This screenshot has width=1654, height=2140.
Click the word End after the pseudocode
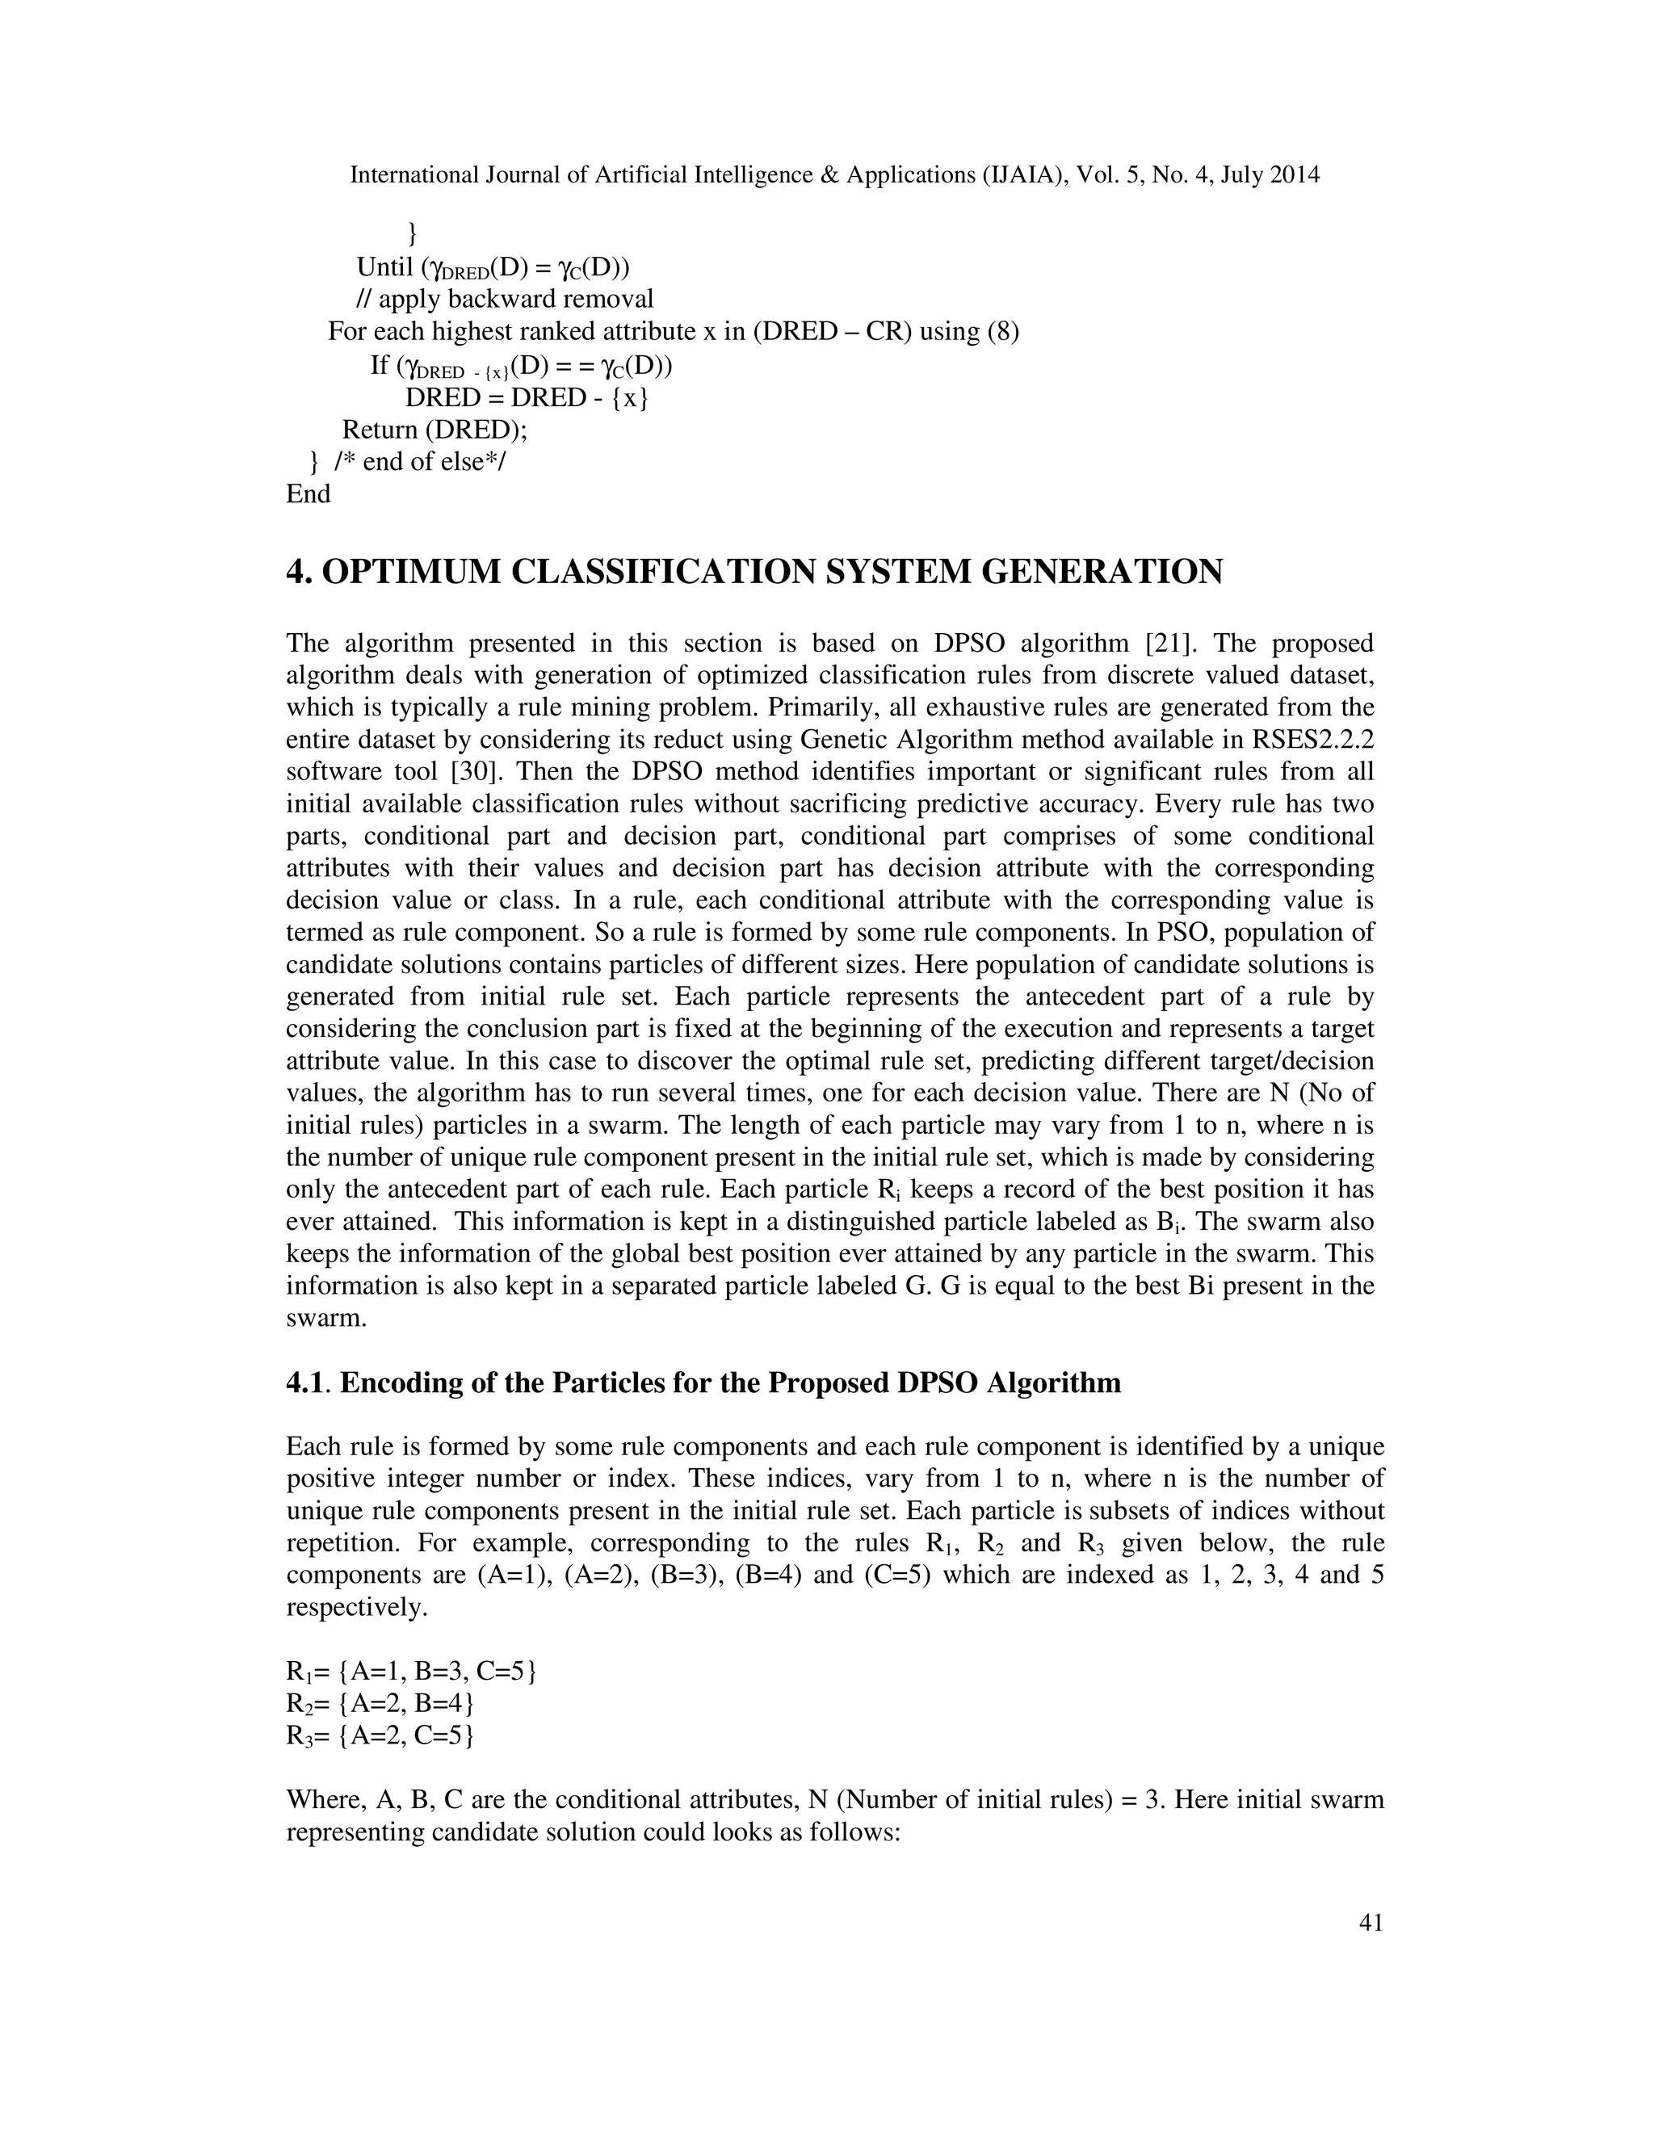tap(308, 494)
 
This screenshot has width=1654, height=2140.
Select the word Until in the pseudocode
tap(385, 266)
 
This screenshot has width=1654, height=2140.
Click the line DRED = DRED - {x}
tap(527, 398)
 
